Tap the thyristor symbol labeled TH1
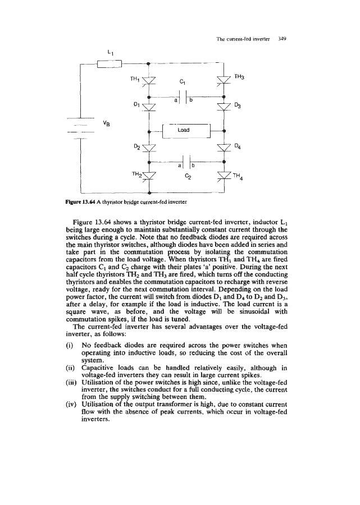click(x=148, y=83)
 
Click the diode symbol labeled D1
click(x=148, y=107)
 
